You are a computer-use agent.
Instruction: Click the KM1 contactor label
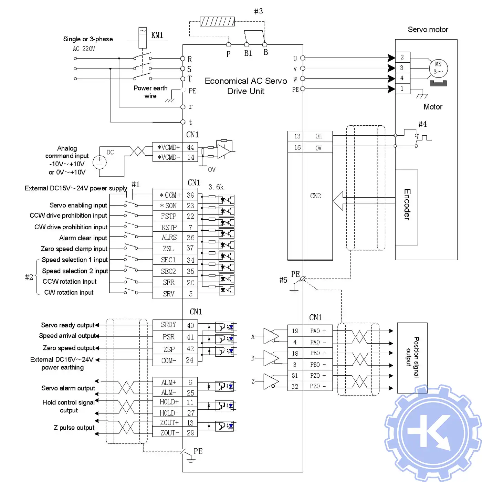coord(157,35)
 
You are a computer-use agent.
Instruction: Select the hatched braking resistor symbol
coord(217,22)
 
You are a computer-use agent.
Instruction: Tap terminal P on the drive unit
coord(229,45)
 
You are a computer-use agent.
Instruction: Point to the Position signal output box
coord(412,358)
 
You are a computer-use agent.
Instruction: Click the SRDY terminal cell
coord(168,325)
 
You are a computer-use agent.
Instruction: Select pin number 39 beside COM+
coord(190,195)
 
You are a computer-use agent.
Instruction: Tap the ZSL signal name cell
coord(168,248)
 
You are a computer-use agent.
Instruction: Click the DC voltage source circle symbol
coord(100,162)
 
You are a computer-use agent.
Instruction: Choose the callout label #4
coord(422,124)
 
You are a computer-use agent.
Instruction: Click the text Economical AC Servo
coord(246,81)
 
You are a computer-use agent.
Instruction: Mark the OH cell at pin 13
coord(318,136)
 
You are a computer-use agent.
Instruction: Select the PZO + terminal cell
coord(318,376)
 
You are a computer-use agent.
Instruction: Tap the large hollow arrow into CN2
coord(339,201)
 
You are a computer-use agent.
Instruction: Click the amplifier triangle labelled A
coord(271,336)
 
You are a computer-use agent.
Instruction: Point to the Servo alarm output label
coord(68,388)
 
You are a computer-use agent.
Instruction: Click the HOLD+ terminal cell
coord(169,402)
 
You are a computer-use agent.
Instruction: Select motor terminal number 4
coord(402,78)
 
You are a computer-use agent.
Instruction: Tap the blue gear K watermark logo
coord(432,433)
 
